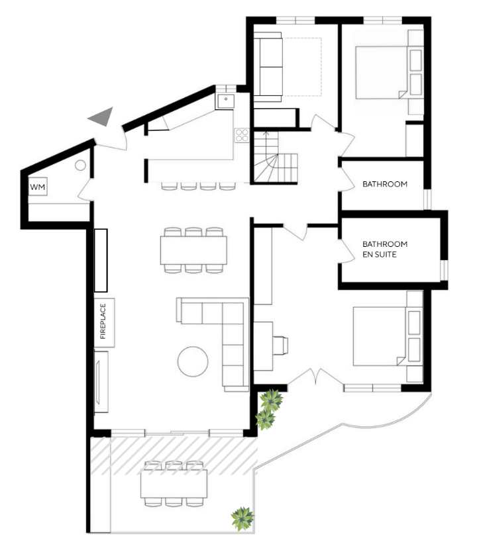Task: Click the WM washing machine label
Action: pos(38,187)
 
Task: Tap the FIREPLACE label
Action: pos(103,321)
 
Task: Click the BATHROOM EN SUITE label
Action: pos(385,250)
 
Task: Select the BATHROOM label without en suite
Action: pos(385,184)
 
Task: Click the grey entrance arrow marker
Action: pos(102,116)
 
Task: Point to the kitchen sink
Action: pos(226,101)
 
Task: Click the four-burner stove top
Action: pos(242,135)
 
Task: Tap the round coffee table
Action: pos(193,362)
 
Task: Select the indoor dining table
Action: pos(193,250)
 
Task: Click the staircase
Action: pos(276,157)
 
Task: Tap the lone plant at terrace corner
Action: pos(242,519)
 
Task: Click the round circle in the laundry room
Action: pos(80,165)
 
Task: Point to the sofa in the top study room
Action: pos(268,67)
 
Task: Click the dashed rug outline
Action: pos(303,67)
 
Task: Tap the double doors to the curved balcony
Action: pos(315,377)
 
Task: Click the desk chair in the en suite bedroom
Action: pos(281,345)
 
